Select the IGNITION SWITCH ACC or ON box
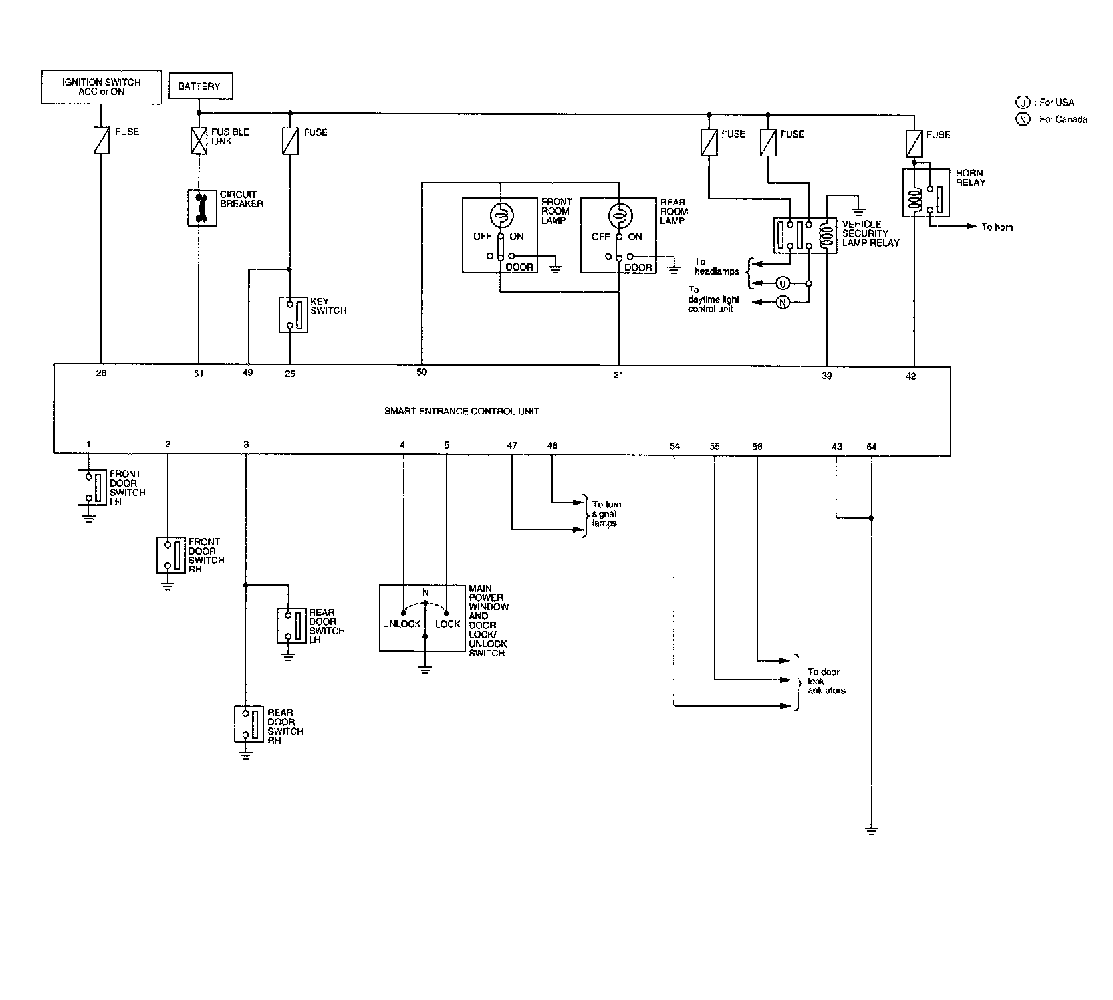tap(101, 87)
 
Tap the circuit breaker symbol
tap(199, 207)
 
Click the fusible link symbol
tap(199, 141)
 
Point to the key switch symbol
tap(293, 314)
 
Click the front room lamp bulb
tap(499, 215)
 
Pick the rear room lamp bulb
tap(619, 215)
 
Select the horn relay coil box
tap(926, 192)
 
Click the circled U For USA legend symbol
tap(1022, 102)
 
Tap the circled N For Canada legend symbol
tap(1022, 120)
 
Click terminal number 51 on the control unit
tap(199, 374)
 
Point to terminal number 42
tap(911, 376)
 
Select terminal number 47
tap(512, 445)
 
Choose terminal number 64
tap(872, 447)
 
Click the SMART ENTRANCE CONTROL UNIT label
tap(461, 411)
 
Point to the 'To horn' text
tap(997, 227)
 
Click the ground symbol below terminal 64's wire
tap(872, 830)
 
